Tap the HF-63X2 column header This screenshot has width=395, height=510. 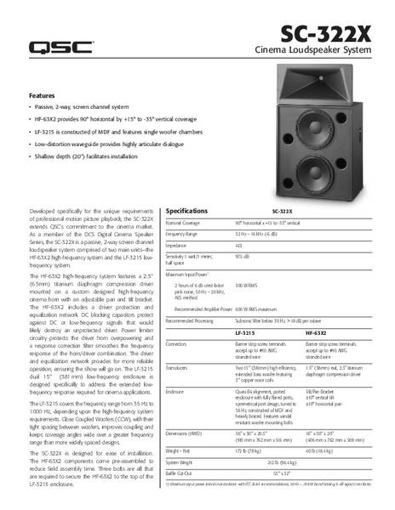coord(315,334)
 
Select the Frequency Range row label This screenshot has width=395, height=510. coord(181,233)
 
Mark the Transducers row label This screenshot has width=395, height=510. coord(179,369)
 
